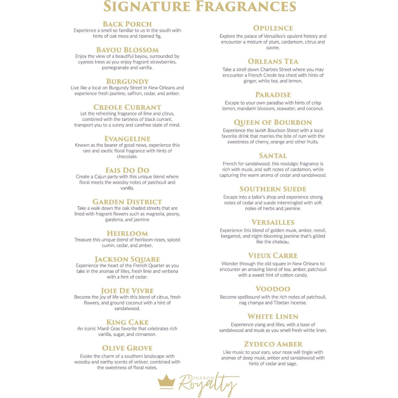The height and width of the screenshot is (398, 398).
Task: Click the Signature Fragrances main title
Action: coord(200,7)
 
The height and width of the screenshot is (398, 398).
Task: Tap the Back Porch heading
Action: coord(127,24)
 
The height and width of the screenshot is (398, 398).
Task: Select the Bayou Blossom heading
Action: coord(127,50)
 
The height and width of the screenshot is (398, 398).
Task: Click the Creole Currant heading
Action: coord(127,107)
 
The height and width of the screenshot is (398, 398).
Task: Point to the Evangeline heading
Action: coord(127,139)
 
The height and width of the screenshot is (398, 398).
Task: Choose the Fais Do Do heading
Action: coord(127,170)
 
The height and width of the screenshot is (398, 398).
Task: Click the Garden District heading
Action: coord(127,202)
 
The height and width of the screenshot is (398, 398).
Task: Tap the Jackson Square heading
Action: coord(127,259)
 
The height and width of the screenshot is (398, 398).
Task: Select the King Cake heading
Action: coord(127,322)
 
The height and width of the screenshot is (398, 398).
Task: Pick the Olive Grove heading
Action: coord(127,348)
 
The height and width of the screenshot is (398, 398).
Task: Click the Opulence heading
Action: coord(273,28)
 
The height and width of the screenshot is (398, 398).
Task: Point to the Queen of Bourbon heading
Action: coord(273,122)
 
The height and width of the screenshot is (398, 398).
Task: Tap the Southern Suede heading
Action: coord(273,189)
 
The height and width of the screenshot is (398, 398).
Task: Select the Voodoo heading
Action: coord(273,289)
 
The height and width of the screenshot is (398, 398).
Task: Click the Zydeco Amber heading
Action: coord(273,344)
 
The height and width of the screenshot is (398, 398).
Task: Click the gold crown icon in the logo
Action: coord(166,382)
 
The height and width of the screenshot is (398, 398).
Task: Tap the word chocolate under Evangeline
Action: coord(127,156)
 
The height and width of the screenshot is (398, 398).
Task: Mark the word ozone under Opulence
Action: coord(273,48)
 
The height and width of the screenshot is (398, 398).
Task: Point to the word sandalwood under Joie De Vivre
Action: coord(127,308)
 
